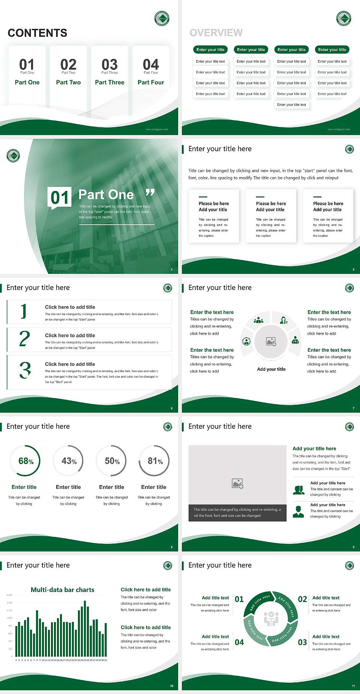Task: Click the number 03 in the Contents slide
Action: [x=109, y=64]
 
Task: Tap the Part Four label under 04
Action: [x=151, y=82]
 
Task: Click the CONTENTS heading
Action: [x=37, y=33]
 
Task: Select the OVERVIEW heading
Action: [x=216, y=33]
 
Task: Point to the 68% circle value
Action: [x=26, y=461]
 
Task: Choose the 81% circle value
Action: [x=155, y=461]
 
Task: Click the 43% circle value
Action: [x=69, y=461]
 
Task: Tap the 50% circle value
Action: [x=112, y=461]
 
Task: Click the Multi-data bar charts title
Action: [x=63, y=590]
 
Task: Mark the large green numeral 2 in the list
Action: [x=24, y=339]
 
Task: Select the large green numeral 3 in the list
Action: [x=25, y=370]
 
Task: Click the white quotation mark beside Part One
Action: [x=150, y=193]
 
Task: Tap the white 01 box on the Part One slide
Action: [x=60, y=197]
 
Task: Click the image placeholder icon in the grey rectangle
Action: [x=238, y=484]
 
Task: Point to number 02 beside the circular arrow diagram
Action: [x=302, y=599]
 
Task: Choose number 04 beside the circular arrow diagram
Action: [x=239, y=642]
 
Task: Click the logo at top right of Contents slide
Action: [x=162, y=18]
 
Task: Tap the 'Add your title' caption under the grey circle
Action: [x=271, y=369]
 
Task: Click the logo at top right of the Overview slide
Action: [x=343, y=18]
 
